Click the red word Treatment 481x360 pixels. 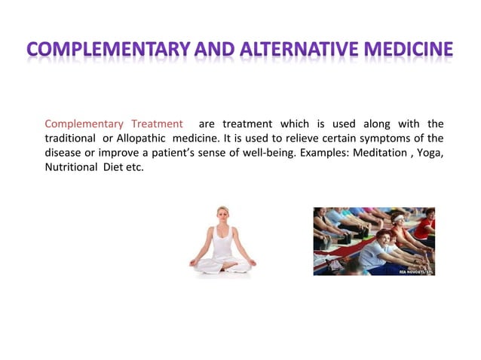[x=157, y=124]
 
